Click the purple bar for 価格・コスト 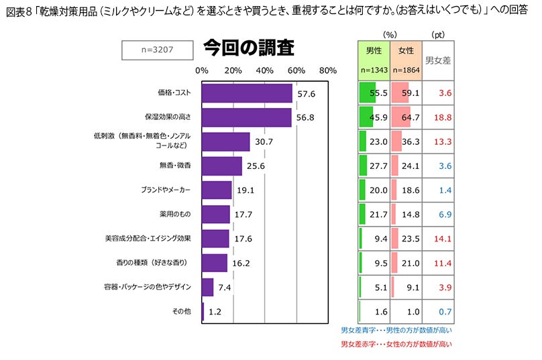(x=247, y=93)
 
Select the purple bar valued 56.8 (x=246, y=117)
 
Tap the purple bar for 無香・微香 (x=221, y=166)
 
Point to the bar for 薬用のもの (x=215, y=215)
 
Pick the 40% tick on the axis (x=265, y=70)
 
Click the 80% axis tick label (x=328, y=70)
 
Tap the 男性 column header (x=374, y=50)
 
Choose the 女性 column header (x=406, y=50)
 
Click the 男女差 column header (x=438, y=60)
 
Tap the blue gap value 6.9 (x=443, y=215)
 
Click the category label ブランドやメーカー (x=166, y=190)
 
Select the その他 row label (x=182, y=311)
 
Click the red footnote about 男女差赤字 (x=396, y=344)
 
